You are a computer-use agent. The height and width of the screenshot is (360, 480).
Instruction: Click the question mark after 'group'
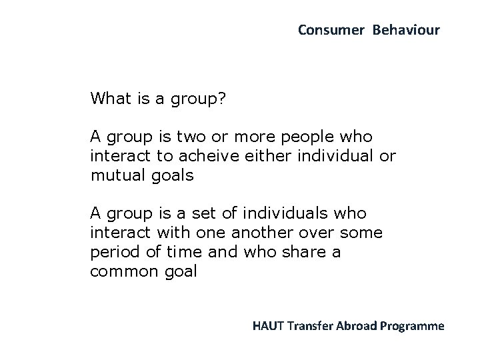click(222, 99)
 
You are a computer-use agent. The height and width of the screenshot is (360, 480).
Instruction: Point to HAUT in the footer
click(268, 326)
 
